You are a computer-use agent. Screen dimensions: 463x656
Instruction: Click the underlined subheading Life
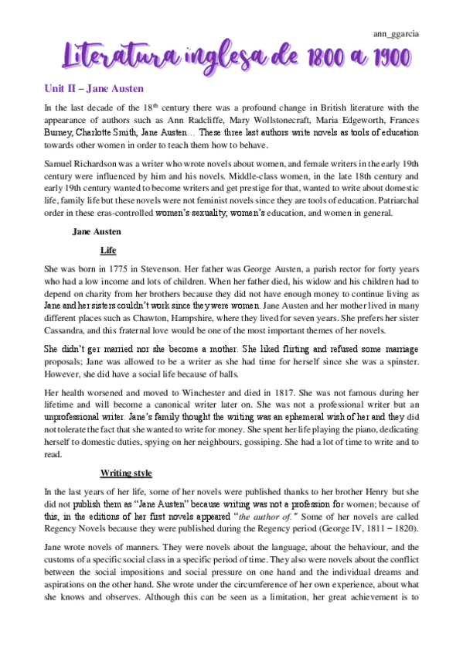point(108,251)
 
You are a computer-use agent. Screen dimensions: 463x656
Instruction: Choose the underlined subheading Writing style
point(126,473)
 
